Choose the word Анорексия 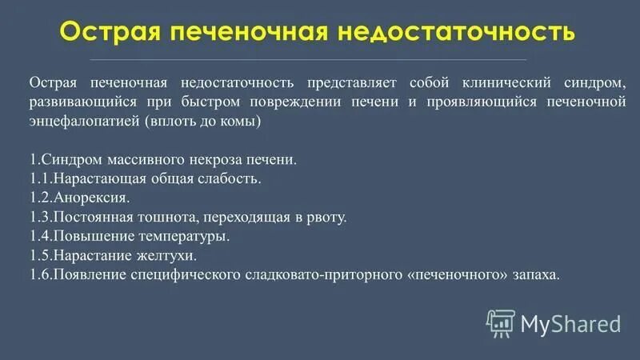[x=89, y=198]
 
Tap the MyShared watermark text [x=570, y=323]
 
